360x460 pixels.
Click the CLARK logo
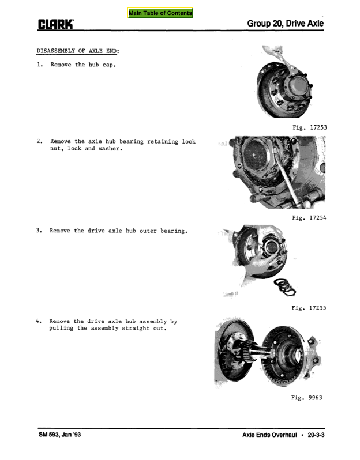click(55, 24)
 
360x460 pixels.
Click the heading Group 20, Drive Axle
click(285, 24)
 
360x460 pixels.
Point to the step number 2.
click(39, 141)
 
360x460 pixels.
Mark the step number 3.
click(39, 231)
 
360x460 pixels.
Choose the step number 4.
click(39, 321)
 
